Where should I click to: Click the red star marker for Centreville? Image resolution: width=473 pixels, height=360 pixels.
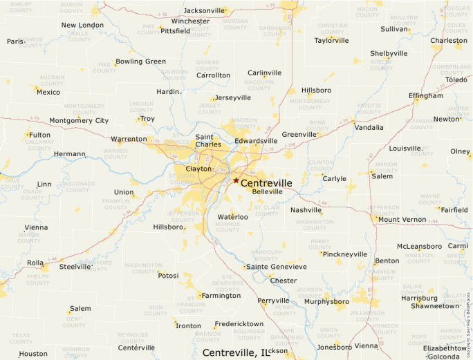236,180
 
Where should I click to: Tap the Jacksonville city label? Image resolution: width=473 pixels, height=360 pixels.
205,10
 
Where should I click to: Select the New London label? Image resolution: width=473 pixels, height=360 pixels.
82,26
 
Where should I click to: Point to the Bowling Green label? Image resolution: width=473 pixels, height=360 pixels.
140,61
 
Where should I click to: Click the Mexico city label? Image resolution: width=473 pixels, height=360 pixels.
48,92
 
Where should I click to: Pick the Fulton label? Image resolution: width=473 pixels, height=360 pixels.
39,135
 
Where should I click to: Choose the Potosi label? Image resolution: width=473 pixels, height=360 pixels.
168,275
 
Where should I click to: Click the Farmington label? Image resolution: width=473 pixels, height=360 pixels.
222,296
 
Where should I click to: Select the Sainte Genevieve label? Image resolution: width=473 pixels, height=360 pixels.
276,267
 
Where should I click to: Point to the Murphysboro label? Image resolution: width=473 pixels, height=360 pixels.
326,301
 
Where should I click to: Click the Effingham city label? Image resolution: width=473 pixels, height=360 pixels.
426,96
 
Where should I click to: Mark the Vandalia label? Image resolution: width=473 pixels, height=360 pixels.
369,127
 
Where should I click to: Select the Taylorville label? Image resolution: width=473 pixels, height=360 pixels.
332,40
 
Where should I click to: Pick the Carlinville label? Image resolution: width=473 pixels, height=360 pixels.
265,73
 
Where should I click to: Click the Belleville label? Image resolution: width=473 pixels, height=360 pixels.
268,191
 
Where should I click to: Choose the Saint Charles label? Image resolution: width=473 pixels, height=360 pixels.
208,141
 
